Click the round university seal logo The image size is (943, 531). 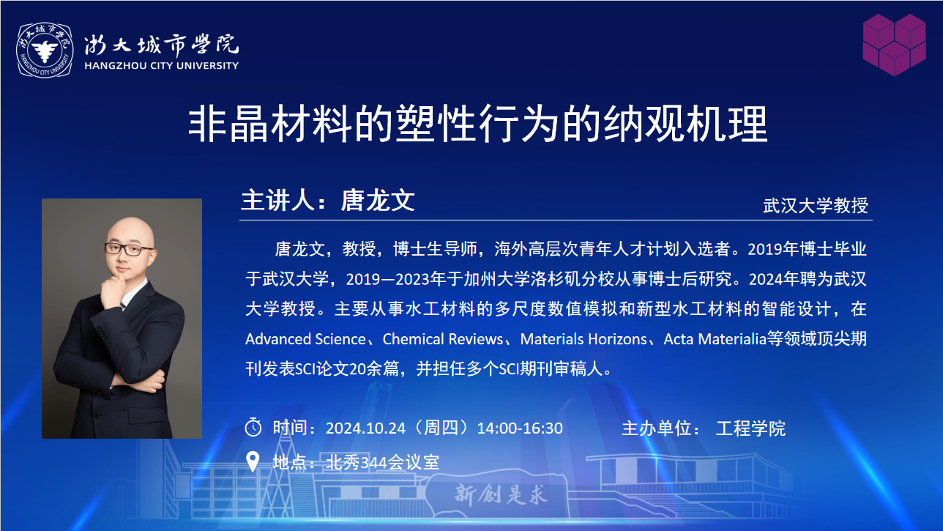point(45,50)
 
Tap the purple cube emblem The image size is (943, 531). point(894,45)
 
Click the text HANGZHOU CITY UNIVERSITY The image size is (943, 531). point(161,66)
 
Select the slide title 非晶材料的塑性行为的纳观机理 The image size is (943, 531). point(478,124)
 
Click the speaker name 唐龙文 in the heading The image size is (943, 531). point(378,200)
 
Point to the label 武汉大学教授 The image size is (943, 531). point(816,206)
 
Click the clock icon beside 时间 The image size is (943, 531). point(253,427)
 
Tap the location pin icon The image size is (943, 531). point(253,461)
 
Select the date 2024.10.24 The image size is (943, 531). point(365,428)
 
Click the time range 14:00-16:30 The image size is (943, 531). point(520,428)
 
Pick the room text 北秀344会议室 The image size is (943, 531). point(383,462)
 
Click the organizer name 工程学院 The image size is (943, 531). point(750,428)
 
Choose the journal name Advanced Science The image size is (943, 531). point(305,339)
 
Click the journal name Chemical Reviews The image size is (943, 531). point(443,339)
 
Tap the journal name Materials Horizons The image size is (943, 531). point(584,339)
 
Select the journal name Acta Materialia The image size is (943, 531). point(715,339)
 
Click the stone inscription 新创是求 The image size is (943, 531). point(501,494)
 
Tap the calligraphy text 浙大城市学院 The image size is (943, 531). point(161,44)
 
